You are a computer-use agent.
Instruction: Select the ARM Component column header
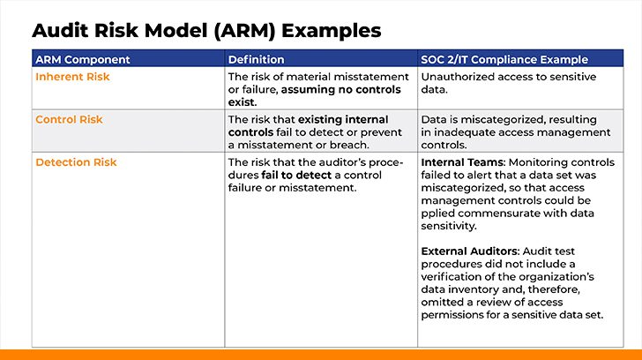tap(82, 60)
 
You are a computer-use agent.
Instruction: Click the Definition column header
tap(256, 60)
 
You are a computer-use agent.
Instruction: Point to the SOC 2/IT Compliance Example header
tap(504, 60)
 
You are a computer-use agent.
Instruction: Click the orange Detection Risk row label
tap(76, 162)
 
